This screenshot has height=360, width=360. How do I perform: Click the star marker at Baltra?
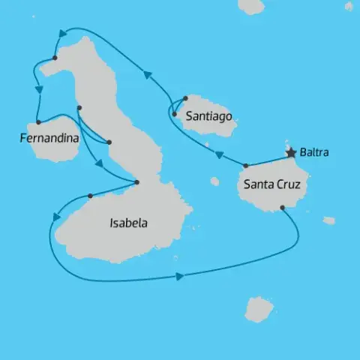click(291, 153)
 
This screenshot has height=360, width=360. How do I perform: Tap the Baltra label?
click(313, 154)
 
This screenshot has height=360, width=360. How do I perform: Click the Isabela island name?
click(128, 223)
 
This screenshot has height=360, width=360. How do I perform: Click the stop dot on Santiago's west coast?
click(174, 115)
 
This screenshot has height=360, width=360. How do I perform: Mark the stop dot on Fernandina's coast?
click(37, 122)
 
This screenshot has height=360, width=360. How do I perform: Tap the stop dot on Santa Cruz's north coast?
click(246, 165)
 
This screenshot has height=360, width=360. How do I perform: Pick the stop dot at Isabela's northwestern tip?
click(55, 58)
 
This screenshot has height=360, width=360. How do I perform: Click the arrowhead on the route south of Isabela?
click(179, 277)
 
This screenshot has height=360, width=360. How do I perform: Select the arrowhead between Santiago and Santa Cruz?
click(220, 155)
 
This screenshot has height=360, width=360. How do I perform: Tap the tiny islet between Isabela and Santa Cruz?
click(214, 181)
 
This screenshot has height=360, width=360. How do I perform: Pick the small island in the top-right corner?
click(349, 6)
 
